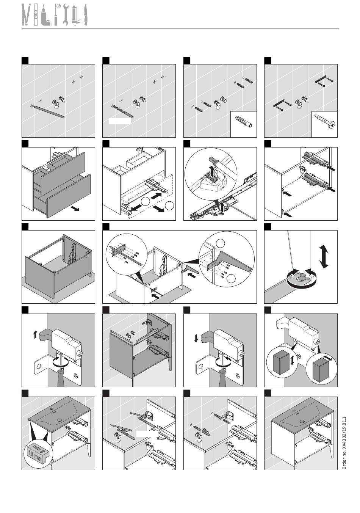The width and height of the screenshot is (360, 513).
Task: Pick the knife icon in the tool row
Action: tap(85, 15)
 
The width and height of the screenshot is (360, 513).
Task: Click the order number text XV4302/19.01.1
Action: tap(344, 443)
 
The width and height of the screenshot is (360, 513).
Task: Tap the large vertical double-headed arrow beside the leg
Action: tap(324, 257)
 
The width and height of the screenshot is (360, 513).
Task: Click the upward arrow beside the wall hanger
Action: tap(35, 334)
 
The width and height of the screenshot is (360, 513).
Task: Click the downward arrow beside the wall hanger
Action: tap(196, 337)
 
